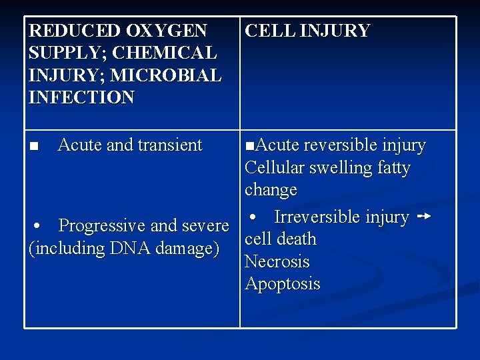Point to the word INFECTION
point(81,97)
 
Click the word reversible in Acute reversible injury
point(340,145)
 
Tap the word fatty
point(393,168)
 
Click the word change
point(271,190)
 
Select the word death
point(298,239)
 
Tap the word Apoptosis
point(283,284)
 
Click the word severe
point(205,226)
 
